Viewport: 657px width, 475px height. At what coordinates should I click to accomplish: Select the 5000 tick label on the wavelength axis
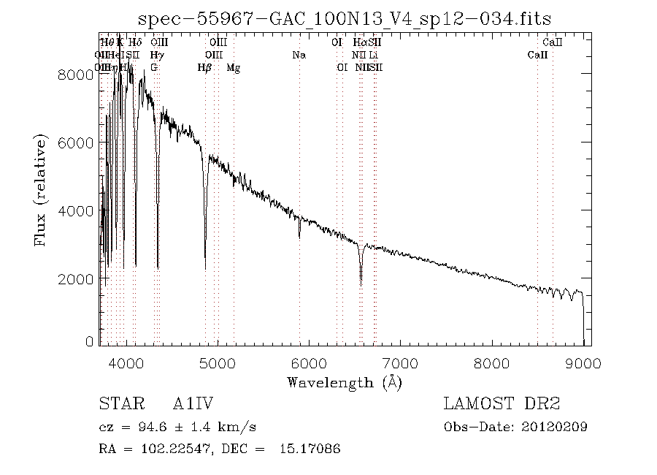(x=218, y=363)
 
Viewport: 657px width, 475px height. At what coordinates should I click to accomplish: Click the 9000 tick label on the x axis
(x=583, y=363)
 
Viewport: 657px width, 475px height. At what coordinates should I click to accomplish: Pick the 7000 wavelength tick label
(x=401, y=363)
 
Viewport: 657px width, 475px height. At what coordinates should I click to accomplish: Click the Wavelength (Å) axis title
(x=345, y=382)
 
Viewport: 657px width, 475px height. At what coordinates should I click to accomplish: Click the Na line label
(x=299, y=56)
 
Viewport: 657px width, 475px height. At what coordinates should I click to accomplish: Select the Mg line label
(x=234, y=68)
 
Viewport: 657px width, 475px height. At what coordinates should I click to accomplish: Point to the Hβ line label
(x=205, y=68)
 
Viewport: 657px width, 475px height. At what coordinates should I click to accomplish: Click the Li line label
(x=373, y=56)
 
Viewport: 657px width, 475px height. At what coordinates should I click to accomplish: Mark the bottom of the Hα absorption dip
(x=361, y=284)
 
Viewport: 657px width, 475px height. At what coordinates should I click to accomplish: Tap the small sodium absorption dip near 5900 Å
(x=299, y=237)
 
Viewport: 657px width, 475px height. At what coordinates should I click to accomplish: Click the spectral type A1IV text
(x=193, y=404)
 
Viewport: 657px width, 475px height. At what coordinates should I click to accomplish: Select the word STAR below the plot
(x=118, y=404)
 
